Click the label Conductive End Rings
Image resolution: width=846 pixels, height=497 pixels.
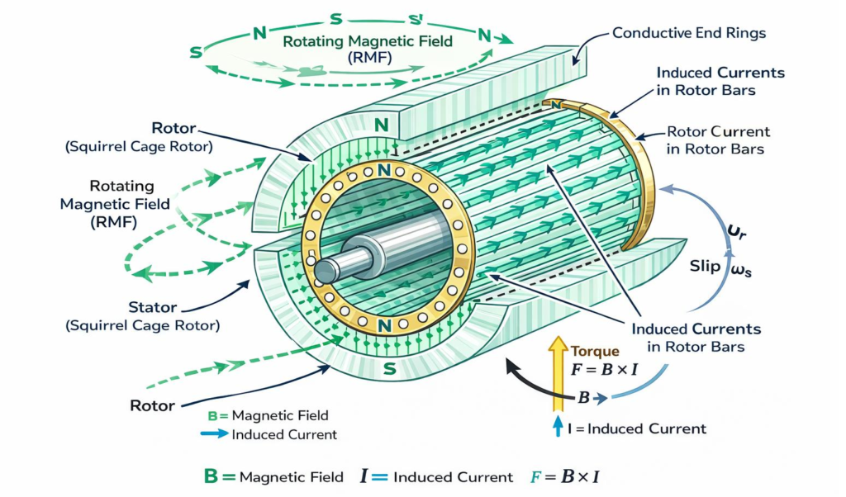coord(689,34)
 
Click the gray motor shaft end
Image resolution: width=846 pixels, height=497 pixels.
coord(323,269)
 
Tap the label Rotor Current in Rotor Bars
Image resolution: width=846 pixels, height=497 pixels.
coord(717,140)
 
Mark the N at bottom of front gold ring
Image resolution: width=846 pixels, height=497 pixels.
coord(383,326)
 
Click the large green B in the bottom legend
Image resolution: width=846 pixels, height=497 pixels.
coord(211,476)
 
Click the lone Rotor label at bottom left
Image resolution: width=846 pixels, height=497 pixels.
coord(152,405)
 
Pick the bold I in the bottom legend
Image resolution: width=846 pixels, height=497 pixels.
coord(364,476)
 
